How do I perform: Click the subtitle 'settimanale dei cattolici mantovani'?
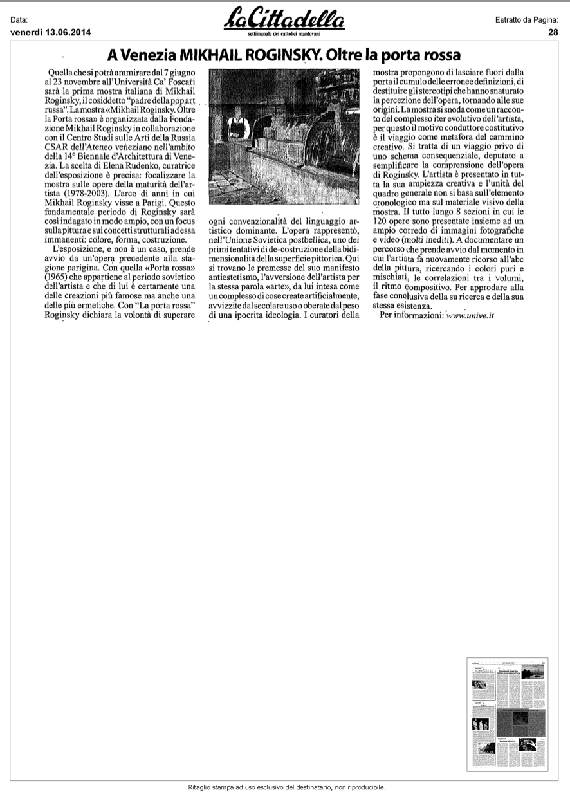click(284, 32)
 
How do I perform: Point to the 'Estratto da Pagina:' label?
click(526, 21)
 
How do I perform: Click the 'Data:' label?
click(20, 21)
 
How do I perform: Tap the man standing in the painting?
click(239, 125)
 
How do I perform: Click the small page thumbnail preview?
click(506, 714)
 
